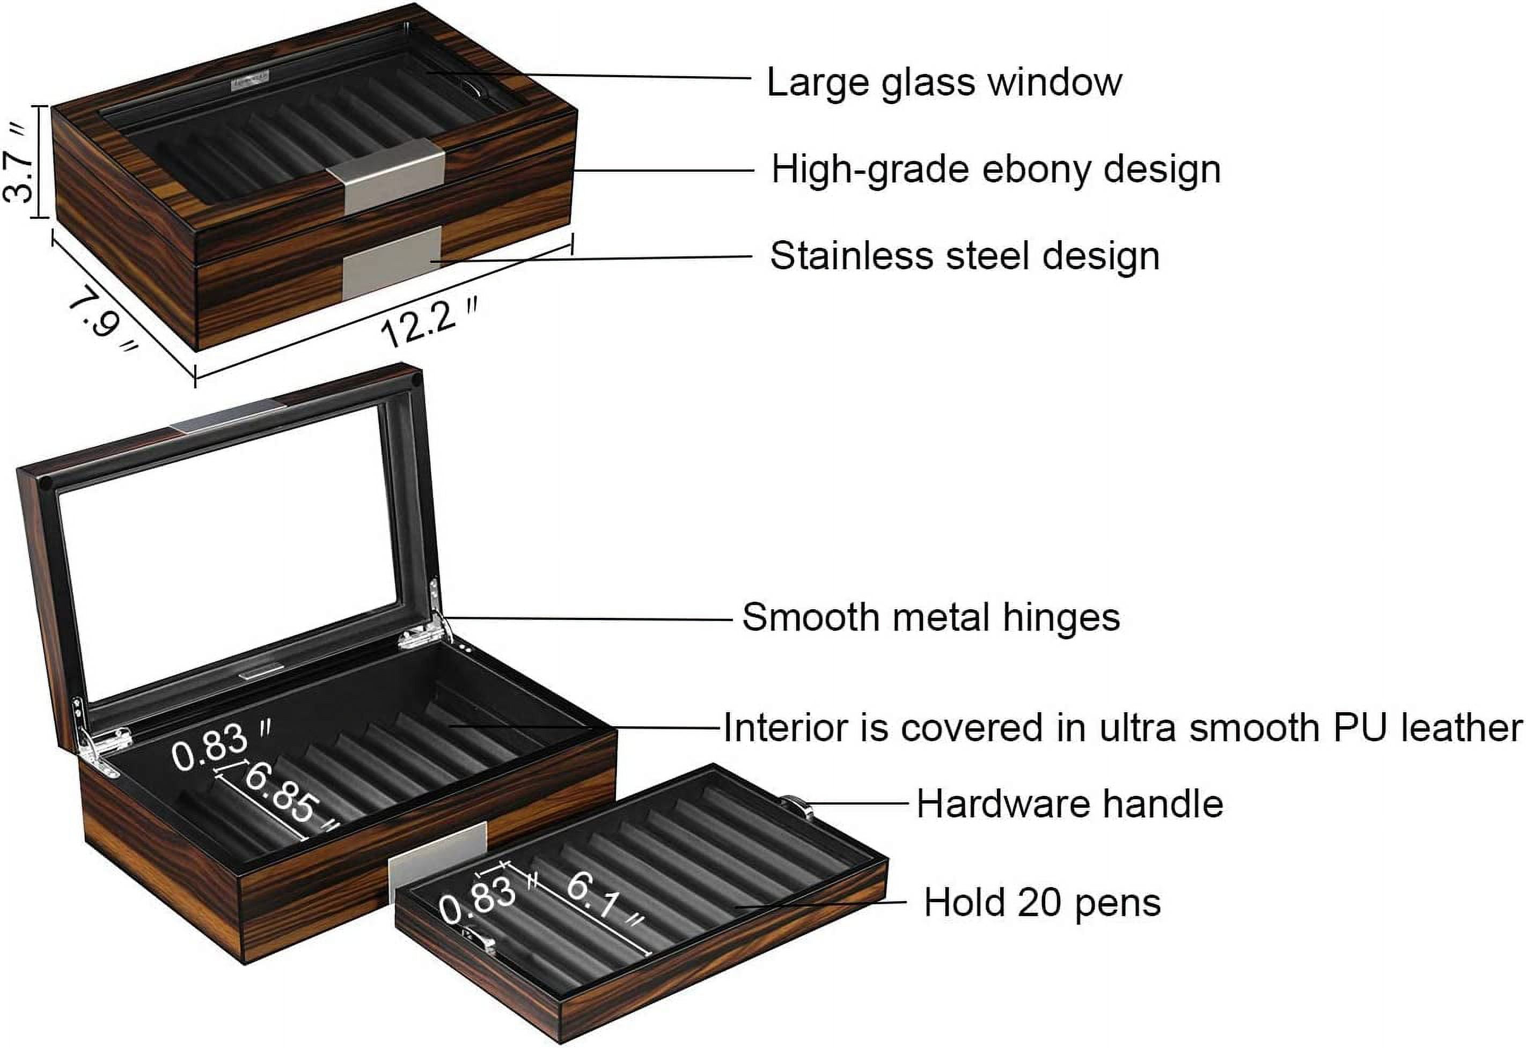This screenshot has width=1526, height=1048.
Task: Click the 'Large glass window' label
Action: pyautogui.click(x=943, y=83)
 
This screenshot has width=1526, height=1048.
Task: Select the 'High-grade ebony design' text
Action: pyautogui.click(x=995, y=169)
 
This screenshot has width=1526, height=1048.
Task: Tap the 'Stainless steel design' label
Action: pyautogui.click(x=964, y=256)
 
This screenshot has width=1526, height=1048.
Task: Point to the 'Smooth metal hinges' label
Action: pyautogui.click(x=930, y=618)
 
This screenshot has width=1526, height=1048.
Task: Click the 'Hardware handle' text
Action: pyautogui.click(x=1069, y=804)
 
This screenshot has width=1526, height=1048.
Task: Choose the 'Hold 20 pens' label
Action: pyautogui.click(x=1042, y=902)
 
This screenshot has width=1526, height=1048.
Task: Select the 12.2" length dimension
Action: pyautogui.click(x=428, y=322)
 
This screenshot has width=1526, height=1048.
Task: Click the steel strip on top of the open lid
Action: pyautogui.click(x=229, y=416)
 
